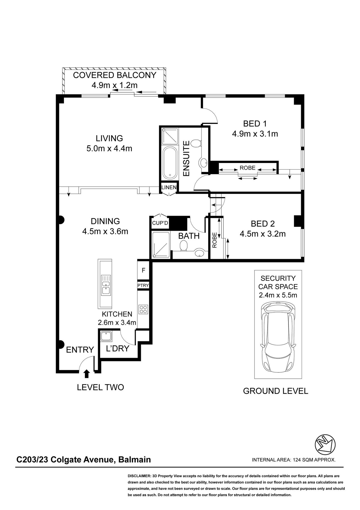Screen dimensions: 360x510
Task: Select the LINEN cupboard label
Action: (x=169, y=187)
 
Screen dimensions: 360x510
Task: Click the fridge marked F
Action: (x=143, y=270)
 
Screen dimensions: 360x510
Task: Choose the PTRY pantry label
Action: (x=143, y=285)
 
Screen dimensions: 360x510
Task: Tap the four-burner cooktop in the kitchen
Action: (x=143, y=309)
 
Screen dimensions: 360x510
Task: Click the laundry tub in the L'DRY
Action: (x=106, y=336)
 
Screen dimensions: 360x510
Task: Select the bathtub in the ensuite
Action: (x=170, y=163)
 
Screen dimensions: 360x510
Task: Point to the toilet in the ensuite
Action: (x=196, y=143)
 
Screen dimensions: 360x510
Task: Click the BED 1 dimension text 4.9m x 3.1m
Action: (x=255, y=134)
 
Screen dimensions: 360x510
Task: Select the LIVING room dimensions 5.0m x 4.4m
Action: (x=109, y=148)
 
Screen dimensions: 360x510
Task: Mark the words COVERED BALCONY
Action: (x=115, y=75)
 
